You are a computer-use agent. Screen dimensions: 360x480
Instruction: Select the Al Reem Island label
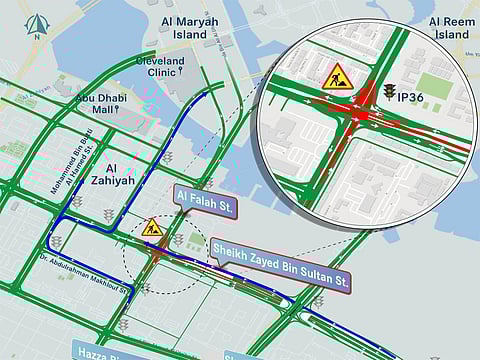click(x=449, y=27)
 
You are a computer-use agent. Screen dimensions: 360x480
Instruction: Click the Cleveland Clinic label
click(x=160, y=66)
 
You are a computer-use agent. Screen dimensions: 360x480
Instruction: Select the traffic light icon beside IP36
click(x=388, y=91)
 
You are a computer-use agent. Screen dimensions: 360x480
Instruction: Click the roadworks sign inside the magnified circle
click(x=335, y=76)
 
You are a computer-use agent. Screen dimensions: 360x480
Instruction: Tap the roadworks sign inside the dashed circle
click(x=152, y=228)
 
